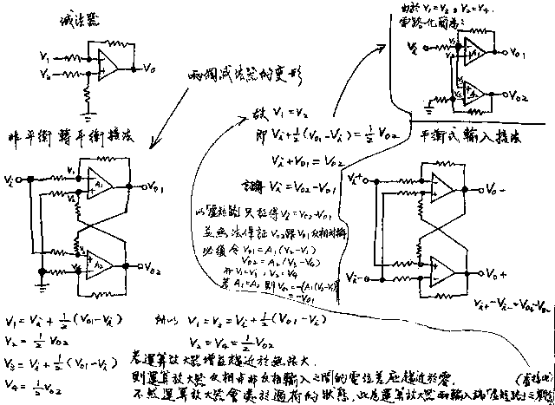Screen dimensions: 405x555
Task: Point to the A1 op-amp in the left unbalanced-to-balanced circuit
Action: click(x=97, y=183)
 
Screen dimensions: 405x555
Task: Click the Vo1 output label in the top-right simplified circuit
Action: click(x=515, y=54)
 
